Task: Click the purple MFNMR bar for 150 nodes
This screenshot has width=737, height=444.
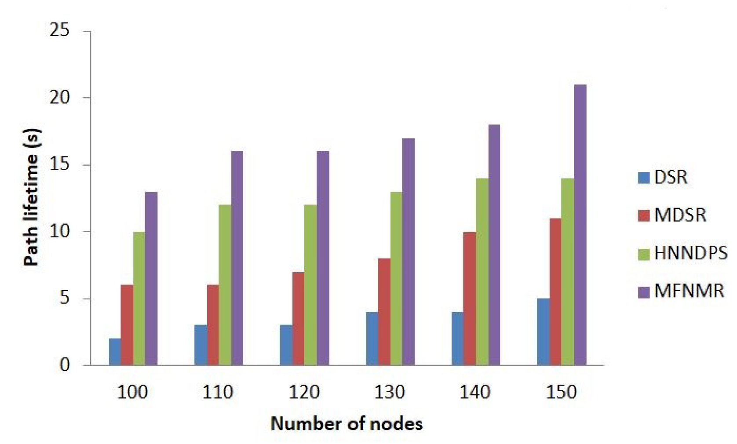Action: pyautogui.click(x=580, y=225)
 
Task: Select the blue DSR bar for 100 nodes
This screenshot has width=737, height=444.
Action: pyautogui.click(x=115, y=352)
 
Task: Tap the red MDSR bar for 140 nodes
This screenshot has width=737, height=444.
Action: pyautogui.click(x=469, y=298)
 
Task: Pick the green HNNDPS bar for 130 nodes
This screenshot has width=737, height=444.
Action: pyautogui.click(x=396, y=279)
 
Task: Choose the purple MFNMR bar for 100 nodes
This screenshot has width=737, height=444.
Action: pyautogui.click(x=151, y=279)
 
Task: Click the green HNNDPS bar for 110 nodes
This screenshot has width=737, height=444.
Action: pyautogui.click(x=225, y=285)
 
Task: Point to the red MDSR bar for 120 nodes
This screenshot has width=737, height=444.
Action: pyautogui.click(x=298, y=319)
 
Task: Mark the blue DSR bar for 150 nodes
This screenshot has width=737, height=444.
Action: pyautogui.click(x=543, y=332)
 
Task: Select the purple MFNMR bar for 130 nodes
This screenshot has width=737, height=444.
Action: pyautogui.click(x=408, y=252)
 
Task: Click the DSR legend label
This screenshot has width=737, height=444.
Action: pyautogui.click(x=671, y=177)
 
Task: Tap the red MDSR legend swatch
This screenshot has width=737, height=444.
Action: pyautogui.click(x=644, y=215)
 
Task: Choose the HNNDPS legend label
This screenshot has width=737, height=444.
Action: pyautogui.click(x=690, y=253)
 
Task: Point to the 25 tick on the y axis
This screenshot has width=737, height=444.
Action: pyautogui.click(x=60, y=31)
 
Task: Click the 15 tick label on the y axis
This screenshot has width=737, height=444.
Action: pyautogui.click(x=60, y=165)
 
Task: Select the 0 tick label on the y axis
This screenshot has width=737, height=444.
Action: pyautogui.click(x=65, y=365)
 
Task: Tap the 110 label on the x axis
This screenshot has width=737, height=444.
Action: pyautogui.click(x=218, y=392)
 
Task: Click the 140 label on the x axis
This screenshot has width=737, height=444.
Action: pyautogui.click(x=475, y=392)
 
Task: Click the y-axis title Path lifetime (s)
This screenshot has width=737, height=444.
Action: pyautogui.click(x=32, y=197)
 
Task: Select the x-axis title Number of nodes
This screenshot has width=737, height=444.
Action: pyautogui.click(x=347, y=424)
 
